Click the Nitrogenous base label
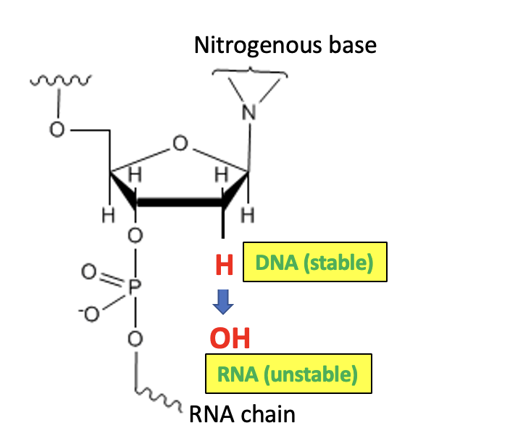pyautogui.click(x=285, y=46)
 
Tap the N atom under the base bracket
pyautogui.click(x=250, y=113)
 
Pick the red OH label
pyautogui.click(x=230, y=337)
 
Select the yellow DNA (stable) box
pyautogui.click(x=314, y=262)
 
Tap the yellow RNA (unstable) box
pyautogui.click(x=288, y=374)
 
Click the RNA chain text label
pyautogui.click(x=242, y=415)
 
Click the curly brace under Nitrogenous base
pyautogui.click(x=250, y=71)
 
